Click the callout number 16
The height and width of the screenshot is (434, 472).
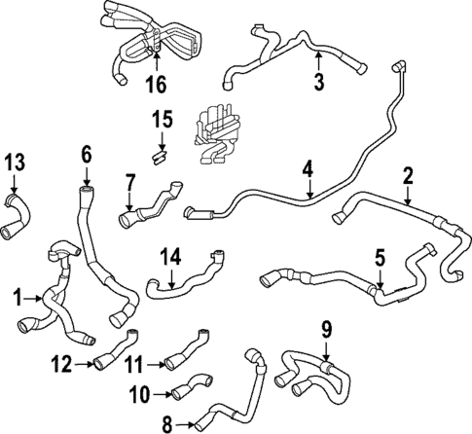pyautogui.click(x=155, y=86)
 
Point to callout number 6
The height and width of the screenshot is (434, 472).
pyautogui.click(x=86, y=154)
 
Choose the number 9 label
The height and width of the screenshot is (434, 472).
pyautogui.click(x=327, y=330)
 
